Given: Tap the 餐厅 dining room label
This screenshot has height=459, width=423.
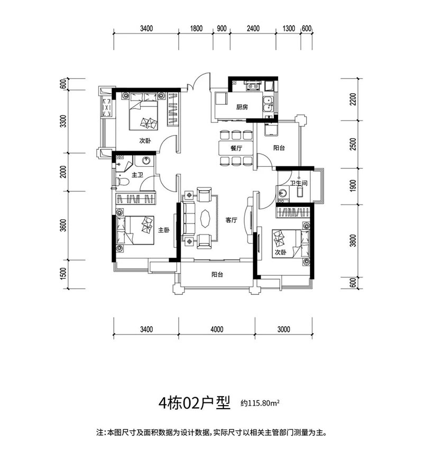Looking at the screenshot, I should click(x=236, y=149).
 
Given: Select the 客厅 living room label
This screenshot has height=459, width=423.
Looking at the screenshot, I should click(x=230, y=220).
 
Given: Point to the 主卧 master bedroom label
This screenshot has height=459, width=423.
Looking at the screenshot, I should click(x=164, y=230).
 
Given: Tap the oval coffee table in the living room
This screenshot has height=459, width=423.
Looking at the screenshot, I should click(x=205, y=218).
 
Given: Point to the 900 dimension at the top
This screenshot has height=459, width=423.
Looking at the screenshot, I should click(x=222, y=29).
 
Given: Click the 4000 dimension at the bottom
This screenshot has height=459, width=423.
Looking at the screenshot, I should click(x=216, y=329).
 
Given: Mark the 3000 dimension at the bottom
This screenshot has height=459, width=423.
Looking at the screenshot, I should click(x=283, y=329).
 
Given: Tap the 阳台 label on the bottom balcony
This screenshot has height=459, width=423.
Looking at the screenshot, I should click(x=216, y=275).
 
